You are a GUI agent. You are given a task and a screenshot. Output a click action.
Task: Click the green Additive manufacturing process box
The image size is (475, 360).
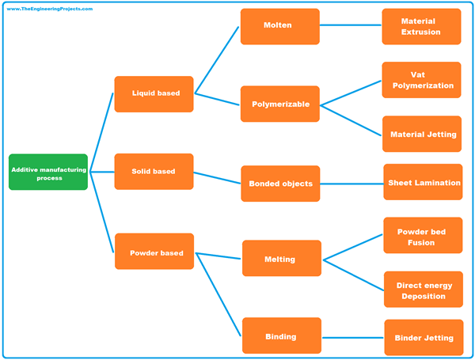tap(48, 172)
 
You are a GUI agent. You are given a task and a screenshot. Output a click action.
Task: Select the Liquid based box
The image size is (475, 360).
tap(154, 93)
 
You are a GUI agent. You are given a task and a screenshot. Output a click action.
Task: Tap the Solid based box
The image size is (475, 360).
tap(154, 171)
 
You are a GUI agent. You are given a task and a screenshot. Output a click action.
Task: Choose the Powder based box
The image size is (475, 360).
tap(154, 252)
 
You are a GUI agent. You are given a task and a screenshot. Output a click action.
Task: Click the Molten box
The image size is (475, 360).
tap(279, 26)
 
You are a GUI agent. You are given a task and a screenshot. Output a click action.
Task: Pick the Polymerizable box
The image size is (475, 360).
tap(279, 104)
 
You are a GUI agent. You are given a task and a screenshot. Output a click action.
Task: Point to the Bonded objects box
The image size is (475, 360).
tap(279, 184)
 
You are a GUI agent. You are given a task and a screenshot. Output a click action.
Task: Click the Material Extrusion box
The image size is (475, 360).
tap(421, 26)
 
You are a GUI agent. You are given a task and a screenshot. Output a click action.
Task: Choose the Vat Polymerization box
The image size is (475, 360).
tap(421, 80)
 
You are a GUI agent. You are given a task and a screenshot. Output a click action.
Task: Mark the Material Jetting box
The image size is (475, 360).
tap(422, 134)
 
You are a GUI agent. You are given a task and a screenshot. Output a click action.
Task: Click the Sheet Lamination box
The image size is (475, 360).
tap(423, 182)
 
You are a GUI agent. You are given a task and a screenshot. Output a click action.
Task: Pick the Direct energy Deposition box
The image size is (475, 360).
tap(423, 290)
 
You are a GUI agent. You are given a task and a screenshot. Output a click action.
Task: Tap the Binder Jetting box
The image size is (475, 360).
tap(423, 337)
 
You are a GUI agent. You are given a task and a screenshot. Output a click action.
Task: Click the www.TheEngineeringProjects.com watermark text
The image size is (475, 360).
tap(49, 9)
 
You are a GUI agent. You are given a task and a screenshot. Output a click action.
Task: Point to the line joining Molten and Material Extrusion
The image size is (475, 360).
tap(350, 26)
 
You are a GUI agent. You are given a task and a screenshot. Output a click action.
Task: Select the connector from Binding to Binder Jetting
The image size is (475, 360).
tap(352, 337)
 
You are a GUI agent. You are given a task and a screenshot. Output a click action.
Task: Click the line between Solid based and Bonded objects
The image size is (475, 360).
tap(217, 177)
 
